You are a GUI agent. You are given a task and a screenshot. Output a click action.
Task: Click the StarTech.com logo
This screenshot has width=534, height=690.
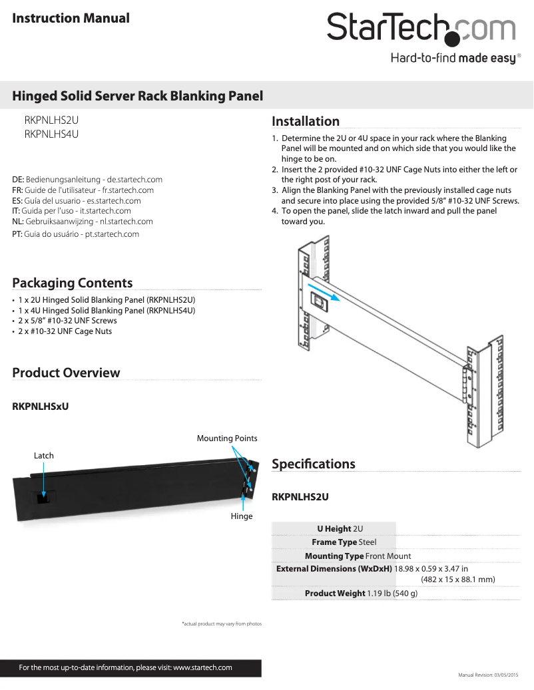pyautogui.click(x=421, y=31)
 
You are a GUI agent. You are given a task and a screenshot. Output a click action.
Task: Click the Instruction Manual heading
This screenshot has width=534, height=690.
pyautogui.click(x=71, y=18)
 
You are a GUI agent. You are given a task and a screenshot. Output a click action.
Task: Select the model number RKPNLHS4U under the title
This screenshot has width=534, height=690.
pyautogui.click(x=51, y=134)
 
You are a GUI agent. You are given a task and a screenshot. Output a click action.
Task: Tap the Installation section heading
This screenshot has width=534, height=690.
pyautogui.click(x=306, y=121)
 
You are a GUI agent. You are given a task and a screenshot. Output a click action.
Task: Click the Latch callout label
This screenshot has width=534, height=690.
pyautogui.click(x=44, y=456)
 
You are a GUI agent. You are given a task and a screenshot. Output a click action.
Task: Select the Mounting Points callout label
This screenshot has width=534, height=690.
pyautogui.click(x=226, y=438)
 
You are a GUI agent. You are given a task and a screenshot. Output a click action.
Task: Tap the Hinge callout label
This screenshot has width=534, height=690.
pyautogui.click(x=242, y=516)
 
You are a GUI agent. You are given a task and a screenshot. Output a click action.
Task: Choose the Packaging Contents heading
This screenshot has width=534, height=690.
pyautogui.click(x=72, y=283)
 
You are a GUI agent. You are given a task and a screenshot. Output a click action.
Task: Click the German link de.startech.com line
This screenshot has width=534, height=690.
pyautogui.click(x=87, y=180)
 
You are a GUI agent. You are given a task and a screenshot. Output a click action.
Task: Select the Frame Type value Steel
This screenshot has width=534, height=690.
pyautogui.click(x=368, y=542)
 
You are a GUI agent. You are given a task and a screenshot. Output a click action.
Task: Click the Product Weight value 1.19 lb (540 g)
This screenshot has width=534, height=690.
pyautogui.click(x=392, y=593)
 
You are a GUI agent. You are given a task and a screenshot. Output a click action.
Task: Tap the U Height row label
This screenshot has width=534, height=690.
pyautogui.click(x=334, y=529)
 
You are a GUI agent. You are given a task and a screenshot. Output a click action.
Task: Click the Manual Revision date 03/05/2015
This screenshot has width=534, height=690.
pyautogui.click(x=492, y=675)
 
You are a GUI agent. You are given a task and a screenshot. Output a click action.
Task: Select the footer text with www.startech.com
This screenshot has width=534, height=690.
pyautogui.click(x=125, y=667)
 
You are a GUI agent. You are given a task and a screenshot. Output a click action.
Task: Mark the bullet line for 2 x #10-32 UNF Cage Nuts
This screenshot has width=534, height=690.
pyautogui.click(x=65, y=331)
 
